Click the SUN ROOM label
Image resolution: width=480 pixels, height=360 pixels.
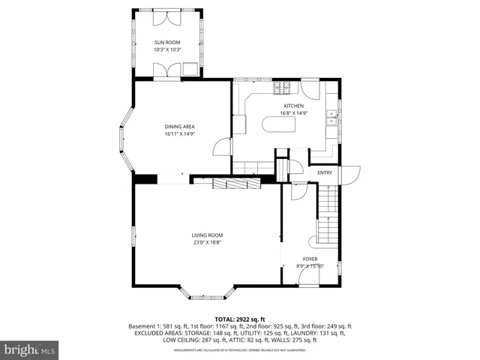[x=168, y=43]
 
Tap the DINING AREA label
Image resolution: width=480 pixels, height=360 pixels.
[x=180, y=127]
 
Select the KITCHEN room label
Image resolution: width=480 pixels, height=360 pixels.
[x=293, y=106]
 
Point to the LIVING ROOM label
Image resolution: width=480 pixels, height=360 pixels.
[x=206, y=235]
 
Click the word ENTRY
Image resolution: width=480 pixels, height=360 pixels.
[x=325, y=173]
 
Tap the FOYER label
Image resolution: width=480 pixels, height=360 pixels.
[x=310, y=259]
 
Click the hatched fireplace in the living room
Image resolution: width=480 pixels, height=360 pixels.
[x=235, y=184]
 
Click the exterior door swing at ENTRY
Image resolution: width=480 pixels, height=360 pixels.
[x=350, y=174]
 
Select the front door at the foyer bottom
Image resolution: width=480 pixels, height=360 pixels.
[x=309, y=278]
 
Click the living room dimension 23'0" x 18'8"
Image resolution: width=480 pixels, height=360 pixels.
[x=206, y=242]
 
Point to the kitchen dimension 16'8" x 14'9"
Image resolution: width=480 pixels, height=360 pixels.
[x=293, y=113]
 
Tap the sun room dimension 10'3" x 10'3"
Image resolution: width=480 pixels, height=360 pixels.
[x=168, y=49]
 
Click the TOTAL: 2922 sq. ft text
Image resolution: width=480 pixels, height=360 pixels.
[x=240, y=319]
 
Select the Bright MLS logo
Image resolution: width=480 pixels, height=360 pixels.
[x=30, y=349]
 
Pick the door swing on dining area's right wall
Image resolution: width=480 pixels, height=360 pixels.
[x=222, y=146]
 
